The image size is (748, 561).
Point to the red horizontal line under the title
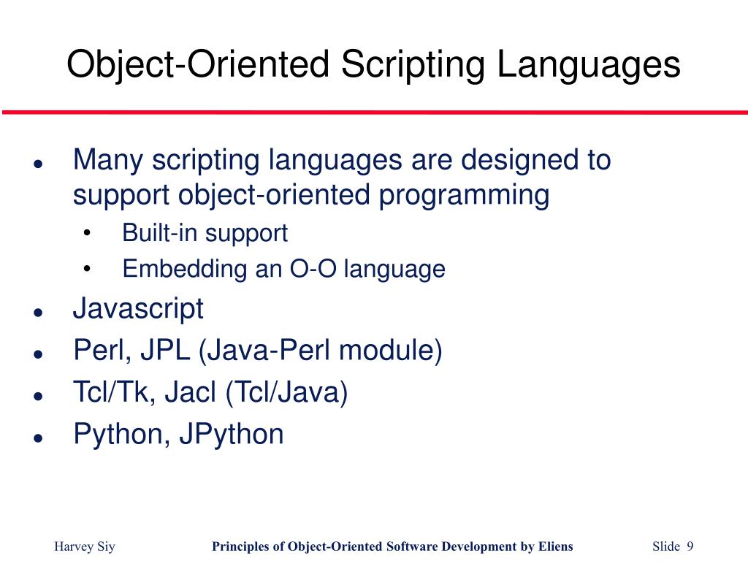[x=374, y=112]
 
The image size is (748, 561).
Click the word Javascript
[x=138, y=309]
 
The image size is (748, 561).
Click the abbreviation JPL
[x=164, y=351]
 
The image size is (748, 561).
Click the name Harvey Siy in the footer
[x=85, y=547]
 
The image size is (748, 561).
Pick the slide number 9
[x=690, y=547]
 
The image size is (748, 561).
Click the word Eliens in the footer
[x=554, y=547]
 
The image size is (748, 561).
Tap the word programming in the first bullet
[x=464, y=196]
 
